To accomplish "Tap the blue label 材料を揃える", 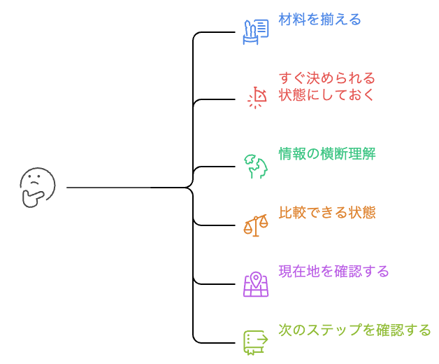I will pyautogui.click(x=319, y=19).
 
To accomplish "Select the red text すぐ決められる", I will pyautogui.click(x=326, y=78).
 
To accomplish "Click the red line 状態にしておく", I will pyautogui.click(x=326, y=94).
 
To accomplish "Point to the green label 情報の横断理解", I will pyautogui.click(x=326, y=153).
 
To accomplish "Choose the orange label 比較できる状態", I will pyautogui.click(x=326, y=212).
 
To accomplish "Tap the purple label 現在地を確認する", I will pyautogui.click(x=333, y=271).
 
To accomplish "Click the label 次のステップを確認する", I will pyautogui.click(x=354, y=330).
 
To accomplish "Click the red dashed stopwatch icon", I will pyautogui.click(x=257, y=97).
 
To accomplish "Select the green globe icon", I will pyautogui.click(x=255, y=166).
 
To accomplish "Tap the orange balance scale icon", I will pyautogui.click(x=256, y=225).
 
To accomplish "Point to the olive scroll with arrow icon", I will pyautogui.click(x=255, y=342).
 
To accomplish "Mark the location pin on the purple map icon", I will pyautogui.click(x=256, y=279).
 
